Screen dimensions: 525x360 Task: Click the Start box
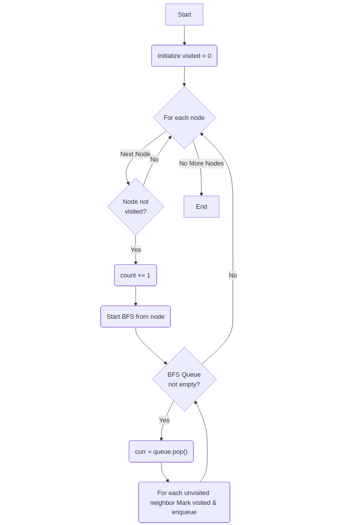[184, 15]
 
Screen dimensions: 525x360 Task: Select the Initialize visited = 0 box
[184, 56]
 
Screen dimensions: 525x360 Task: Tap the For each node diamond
[184, 118]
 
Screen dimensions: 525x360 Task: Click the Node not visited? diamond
[136, 207]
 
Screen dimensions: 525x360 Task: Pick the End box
[201, 207]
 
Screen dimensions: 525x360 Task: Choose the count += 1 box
[136, 276]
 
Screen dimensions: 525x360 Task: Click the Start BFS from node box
[136, 317]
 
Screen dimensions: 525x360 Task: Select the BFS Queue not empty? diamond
[184, 379]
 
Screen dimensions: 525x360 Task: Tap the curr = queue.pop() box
[161, 451]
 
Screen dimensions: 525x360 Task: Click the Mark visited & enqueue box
[184, 502]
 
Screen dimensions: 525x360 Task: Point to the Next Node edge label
[135, 154]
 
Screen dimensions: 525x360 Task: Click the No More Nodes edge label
[201, 164]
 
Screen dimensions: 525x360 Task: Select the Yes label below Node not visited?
[136, 250]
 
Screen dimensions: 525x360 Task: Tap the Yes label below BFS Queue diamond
[164, 420]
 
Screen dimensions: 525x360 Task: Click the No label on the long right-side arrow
[233, 276]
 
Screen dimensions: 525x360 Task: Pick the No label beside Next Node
[154, 160]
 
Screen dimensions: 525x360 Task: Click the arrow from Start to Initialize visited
[184, 35]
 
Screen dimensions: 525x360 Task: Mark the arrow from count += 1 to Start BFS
[136, 296]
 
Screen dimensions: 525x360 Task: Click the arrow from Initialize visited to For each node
[184, 77]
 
